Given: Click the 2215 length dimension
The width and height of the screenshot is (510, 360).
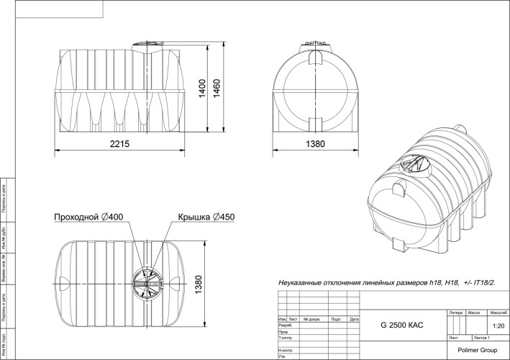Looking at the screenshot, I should (120, 144).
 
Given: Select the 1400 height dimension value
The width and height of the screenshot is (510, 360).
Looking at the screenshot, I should (203, 89).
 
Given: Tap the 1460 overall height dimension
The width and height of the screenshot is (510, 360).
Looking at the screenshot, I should (216, 89).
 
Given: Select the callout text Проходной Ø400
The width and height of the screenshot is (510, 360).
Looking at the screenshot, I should (89, 217).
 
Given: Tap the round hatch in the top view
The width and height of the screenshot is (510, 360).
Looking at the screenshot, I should (151, 277).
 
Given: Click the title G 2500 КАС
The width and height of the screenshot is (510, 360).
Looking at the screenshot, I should (401, 326).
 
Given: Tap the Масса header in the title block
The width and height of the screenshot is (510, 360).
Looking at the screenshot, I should (474, 314).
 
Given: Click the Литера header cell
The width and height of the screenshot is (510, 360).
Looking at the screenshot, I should (455, 314).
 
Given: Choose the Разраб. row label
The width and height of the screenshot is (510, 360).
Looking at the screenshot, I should (285, 325).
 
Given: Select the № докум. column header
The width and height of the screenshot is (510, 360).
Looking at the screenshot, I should (311, 319).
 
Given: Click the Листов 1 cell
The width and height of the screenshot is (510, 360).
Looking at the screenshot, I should (481, 337).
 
